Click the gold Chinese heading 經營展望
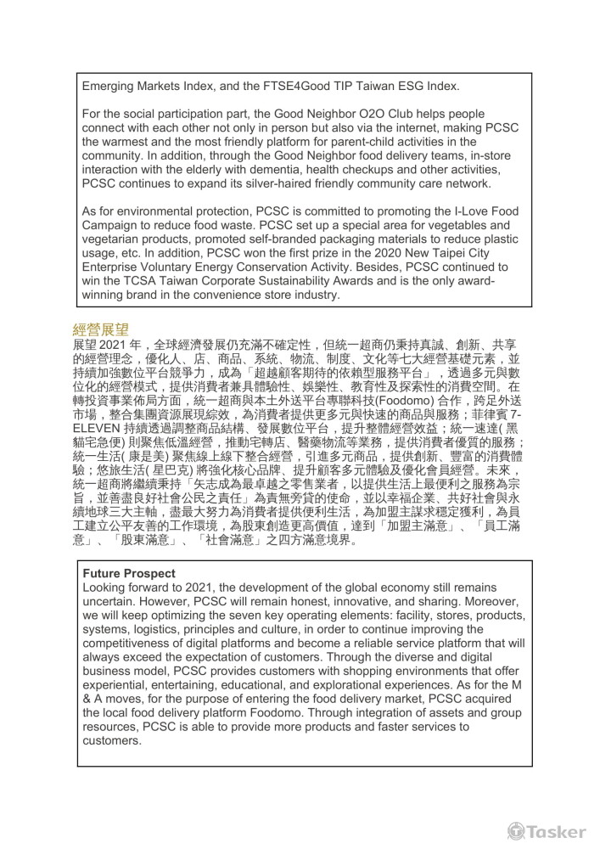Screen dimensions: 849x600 (101, 329)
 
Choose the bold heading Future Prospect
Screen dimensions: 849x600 (129, 573)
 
